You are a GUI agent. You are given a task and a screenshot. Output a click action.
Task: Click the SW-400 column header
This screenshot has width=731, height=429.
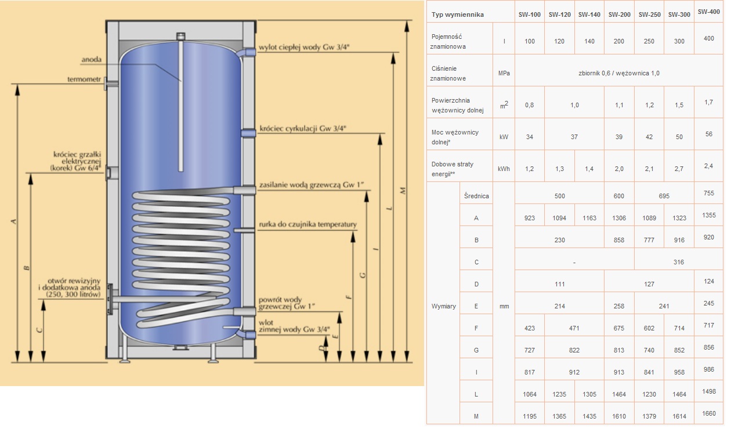708,12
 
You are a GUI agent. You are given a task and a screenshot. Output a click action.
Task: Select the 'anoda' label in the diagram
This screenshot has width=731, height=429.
92,59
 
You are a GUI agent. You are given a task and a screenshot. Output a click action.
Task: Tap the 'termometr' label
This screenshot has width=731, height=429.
84,79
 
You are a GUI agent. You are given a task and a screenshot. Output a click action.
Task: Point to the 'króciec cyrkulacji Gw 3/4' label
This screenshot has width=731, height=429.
302,129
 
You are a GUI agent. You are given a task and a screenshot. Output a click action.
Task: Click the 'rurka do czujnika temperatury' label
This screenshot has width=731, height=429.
307,224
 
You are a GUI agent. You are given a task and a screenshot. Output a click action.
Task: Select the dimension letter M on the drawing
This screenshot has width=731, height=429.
403,191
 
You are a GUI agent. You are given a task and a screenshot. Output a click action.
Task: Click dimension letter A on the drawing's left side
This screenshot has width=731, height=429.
13,221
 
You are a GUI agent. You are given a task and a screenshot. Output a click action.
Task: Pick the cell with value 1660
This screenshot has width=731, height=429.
708,413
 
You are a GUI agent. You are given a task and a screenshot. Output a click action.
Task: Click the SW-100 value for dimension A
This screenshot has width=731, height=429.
529,218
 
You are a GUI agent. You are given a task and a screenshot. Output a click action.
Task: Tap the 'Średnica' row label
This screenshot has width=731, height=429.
476,196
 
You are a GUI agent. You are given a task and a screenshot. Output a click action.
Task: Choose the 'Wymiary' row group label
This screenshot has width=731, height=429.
443,306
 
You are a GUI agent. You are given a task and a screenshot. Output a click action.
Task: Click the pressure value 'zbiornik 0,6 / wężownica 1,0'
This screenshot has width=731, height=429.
618,73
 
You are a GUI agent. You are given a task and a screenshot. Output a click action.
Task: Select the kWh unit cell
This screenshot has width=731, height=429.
504,169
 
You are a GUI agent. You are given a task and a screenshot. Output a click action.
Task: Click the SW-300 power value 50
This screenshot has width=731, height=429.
679,137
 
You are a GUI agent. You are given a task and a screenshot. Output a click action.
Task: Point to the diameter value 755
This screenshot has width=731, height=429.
708,193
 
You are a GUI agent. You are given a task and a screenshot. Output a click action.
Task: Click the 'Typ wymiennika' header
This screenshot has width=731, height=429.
458,14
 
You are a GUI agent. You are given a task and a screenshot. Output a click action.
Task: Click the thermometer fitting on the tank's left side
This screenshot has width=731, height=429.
111,84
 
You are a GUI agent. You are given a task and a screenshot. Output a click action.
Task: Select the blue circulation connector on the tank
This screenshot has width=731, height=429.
248,133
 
